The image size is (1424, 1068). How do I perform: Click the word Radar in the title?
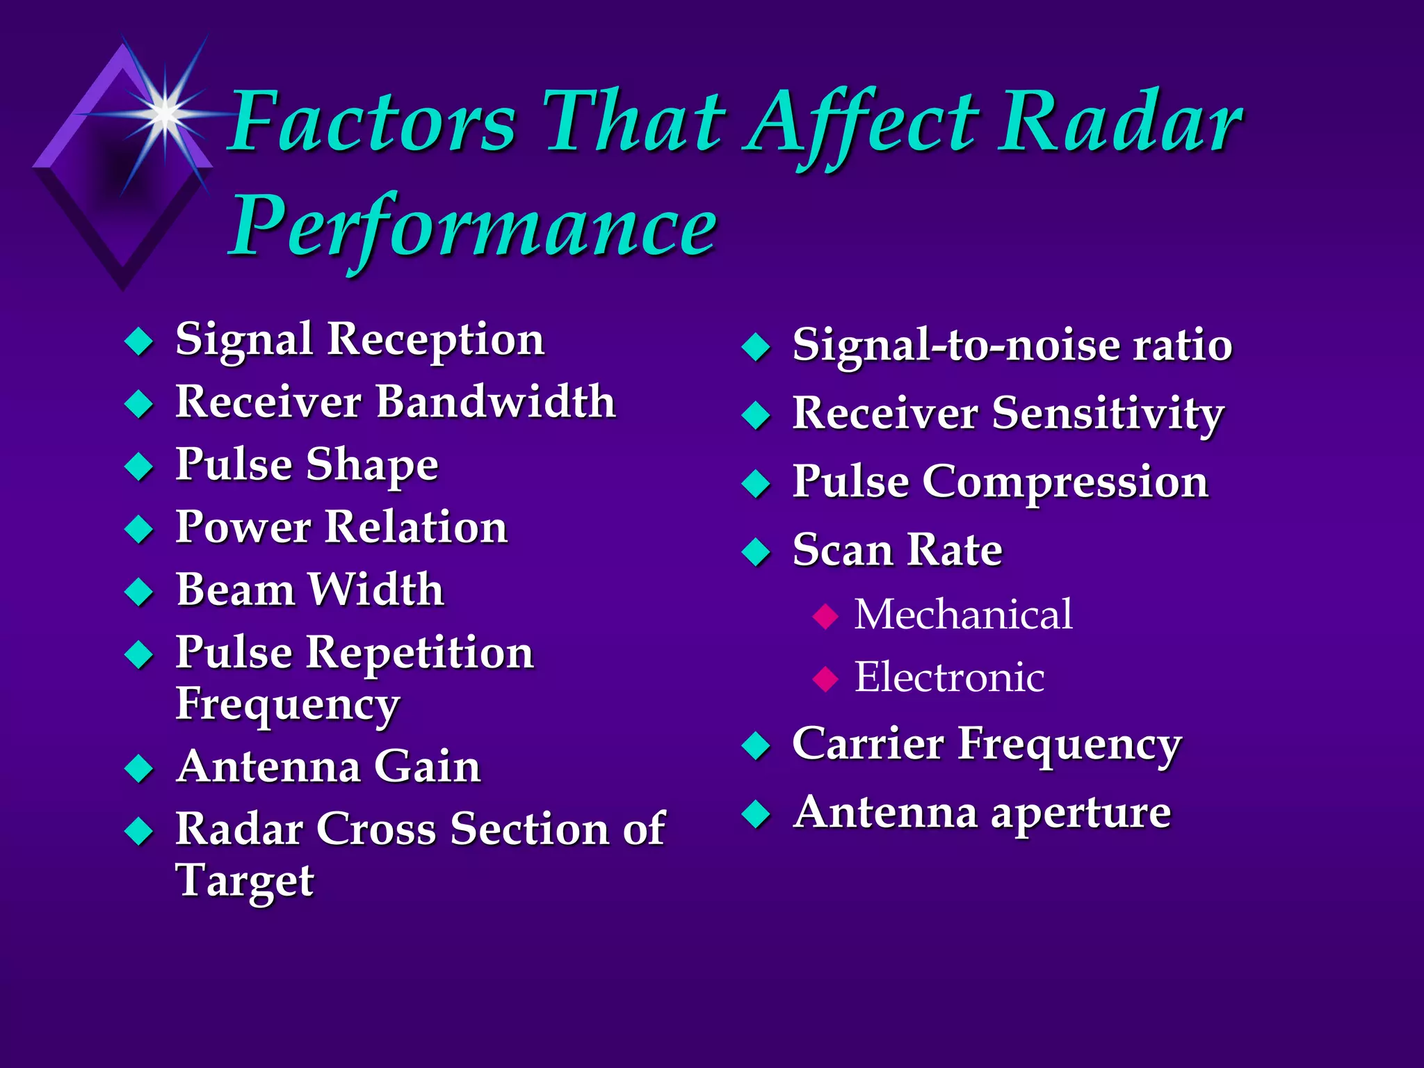(x=1119, y=124)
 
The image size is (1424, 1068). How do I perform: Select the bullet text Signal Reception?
(x=359, y=340)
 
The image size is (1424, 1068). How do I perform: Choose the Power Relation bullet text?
(x=341, y=526)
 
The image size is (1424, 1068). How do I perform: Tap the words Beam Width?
(x=310, y=590)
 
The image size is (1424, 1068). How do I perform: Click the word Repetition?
(x=420, y=653)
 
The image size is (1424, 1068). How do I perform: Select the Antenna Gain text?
(x=328, y=766)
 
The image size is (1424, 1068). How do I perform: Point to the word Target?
(x=245, y=881)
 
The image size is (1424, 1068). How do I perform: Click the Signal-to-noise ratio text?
(x=1012, y=345)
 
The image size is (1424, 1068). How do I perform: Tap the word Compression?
(x=1065, y=481)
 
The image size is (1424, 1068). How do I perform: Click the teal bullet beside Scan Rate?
(x=756, y=553)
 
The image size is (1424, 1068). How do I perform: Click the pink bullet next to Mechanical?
(x=825, y=616)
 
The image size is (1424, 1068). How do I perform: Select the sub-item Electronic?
(x=949, y=677)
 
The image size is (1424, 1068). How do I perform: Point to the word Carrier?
(x=869, y=744)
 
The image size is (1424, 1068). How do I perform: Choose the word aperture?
(x=1081, y=813)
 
